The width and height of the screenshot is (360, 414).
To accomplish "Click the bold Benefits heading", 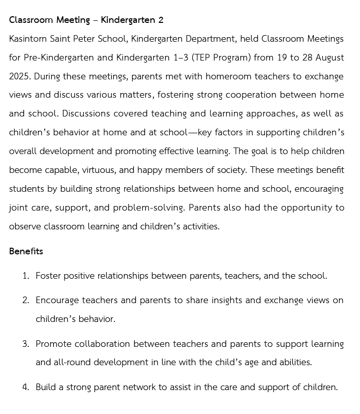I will pyautogui.click(x=26, y=251).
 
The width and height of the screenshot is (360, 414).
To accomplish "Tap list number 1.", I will pyautogui.click(x=25, y=276).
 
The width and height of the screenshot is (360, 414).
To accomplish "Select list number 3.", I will pyautogui.click(x=25, y=344).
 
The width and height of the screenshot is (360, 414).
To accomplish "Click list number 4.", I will pyautogui.click(x=25, y=387).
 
